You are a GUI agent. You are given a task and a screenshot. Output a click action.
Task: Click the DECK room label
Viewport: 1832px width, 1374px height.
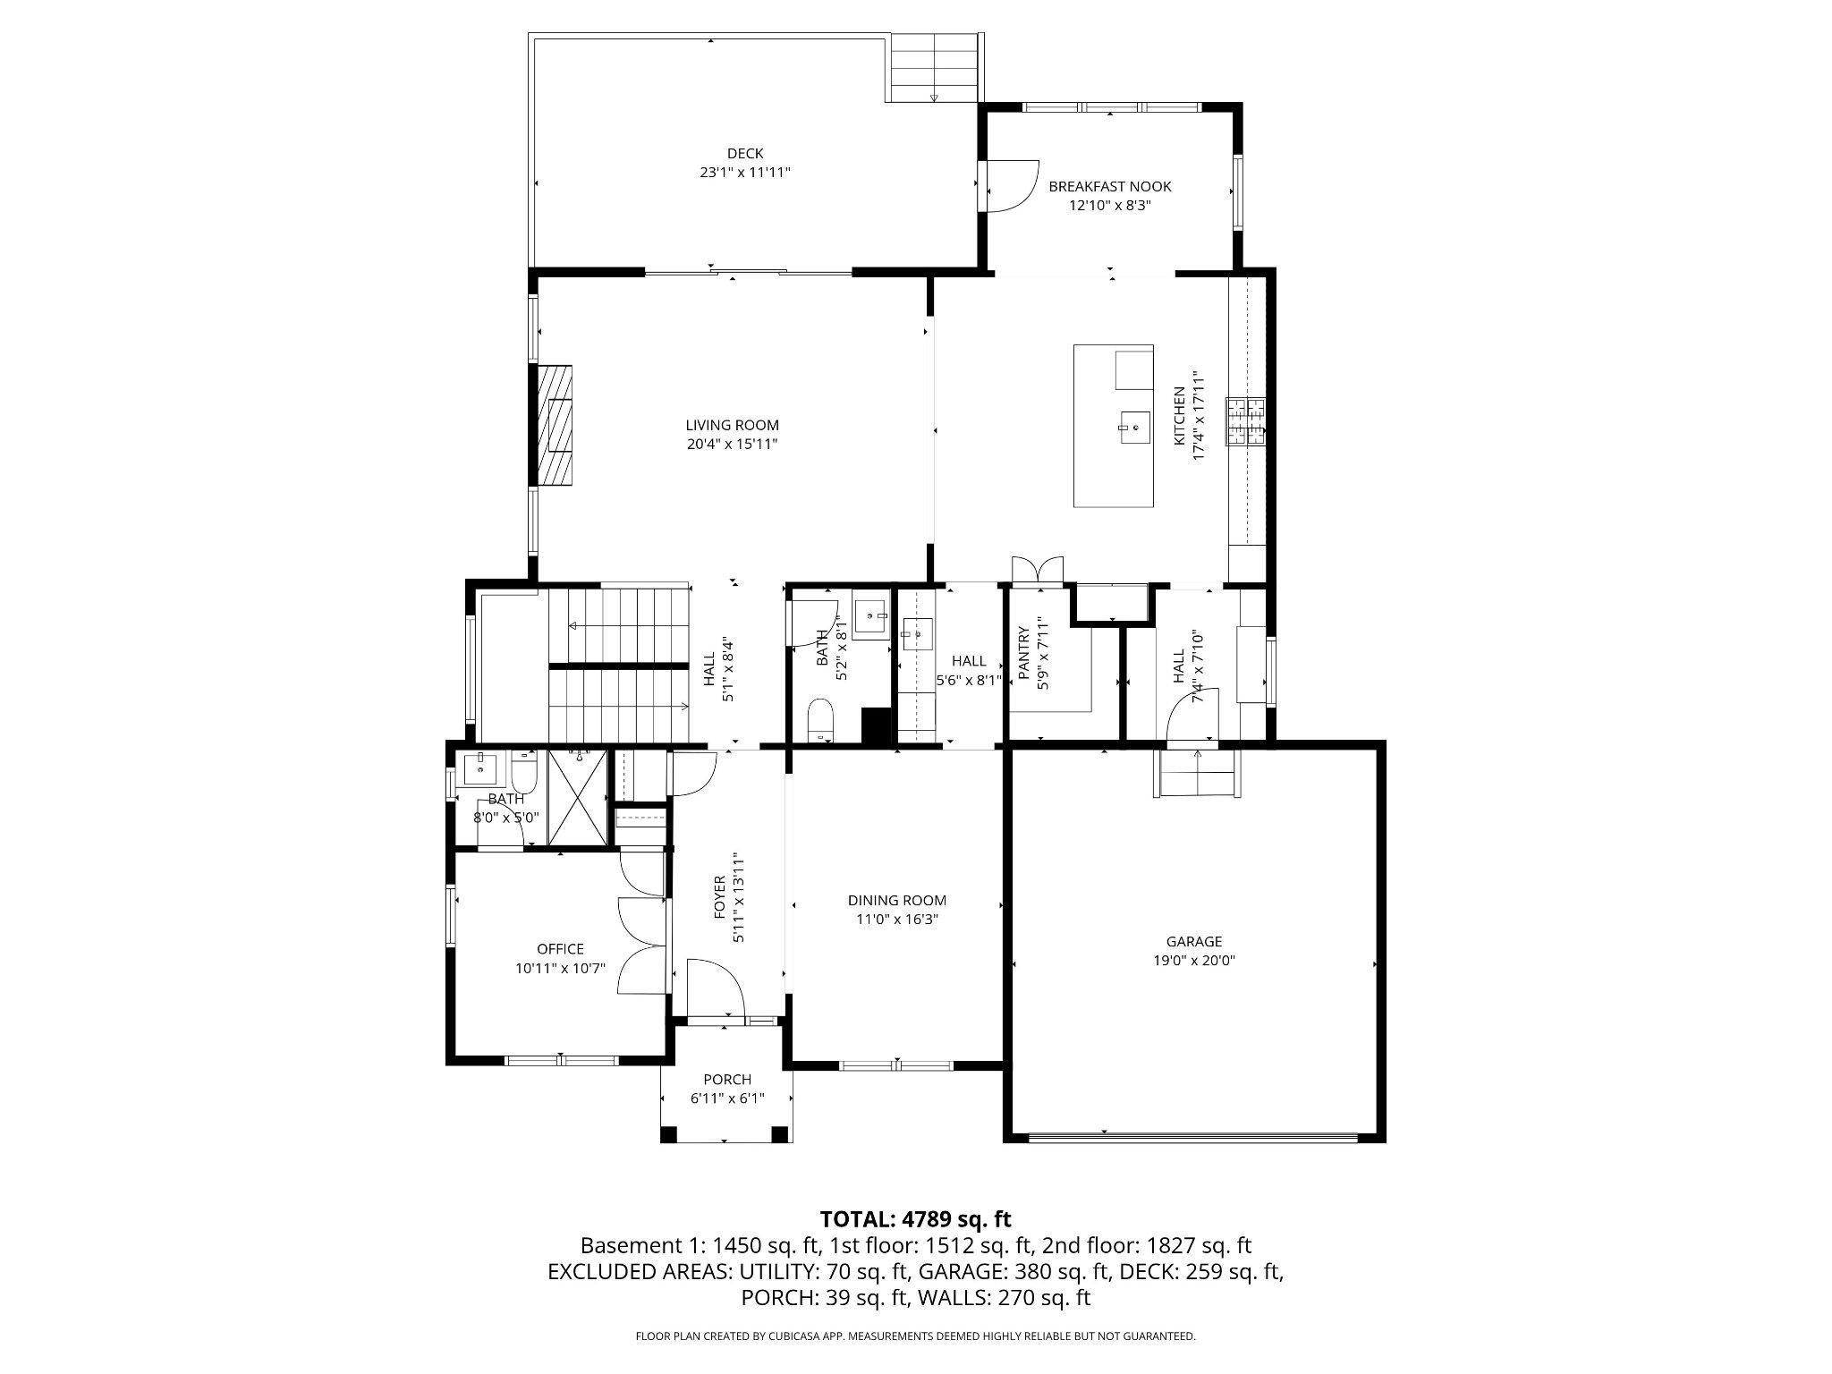pos(744,154)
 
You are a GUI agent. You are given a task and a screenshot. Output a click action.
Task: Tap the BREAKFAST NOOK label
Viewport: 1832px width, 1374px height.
pos(1109,187)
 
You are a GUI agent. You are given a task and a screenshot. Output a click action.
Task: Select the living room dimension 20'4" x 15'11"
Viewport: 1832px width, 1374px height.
pos(732,445)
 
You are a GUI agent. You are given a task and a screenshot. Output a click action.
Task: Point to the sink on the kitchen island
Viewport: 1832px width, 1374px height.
pos(1134,428)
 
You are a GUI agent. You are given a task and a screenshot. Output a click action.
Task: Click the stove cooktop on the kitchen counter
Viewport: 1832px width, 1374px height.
pos(1247,421)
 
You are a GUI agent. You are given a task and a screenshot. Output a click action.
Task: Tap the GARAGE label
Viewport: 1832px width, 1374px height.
pos(1193,942)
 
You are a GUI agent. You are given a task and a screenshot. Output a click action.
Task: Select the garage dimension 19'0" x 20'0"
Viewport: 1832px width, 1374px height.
pos(1193,961)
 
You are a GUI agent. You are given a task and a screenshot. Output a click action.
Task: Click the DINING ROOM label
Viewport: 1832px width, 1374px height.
pos(896,901)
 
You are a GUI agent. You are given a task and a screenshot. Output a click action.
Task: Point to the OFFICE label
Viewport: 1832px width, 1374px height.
pos(560,949)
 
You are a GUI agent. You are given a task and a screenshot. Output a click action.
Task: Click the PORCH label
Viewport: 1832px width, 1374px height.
pos(726,1080)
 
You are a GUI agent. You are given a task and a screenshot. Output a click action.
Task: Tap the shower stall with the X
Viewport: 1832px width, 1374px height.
pos(577,797)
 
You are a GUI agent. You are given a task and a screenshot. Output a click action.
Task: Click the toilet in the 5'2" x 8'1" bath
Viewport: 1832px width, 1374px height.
pos(819,721)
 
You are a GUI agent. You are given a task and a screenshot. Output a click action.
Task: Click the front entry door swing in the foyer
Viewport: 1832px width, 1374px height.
pos(716,988)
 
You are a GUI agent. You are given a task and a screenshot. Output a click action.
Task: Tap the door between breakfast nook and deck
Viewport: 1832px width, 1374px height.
pos(1009,186)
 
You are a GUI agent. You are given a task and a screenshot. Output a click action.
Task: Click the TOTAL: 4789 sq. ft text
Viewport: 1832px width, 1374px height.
pos(915,1218)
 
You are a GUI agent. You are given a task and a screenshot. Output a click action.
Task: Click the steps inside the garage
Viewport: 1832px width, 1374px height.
pos(1198,774)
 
